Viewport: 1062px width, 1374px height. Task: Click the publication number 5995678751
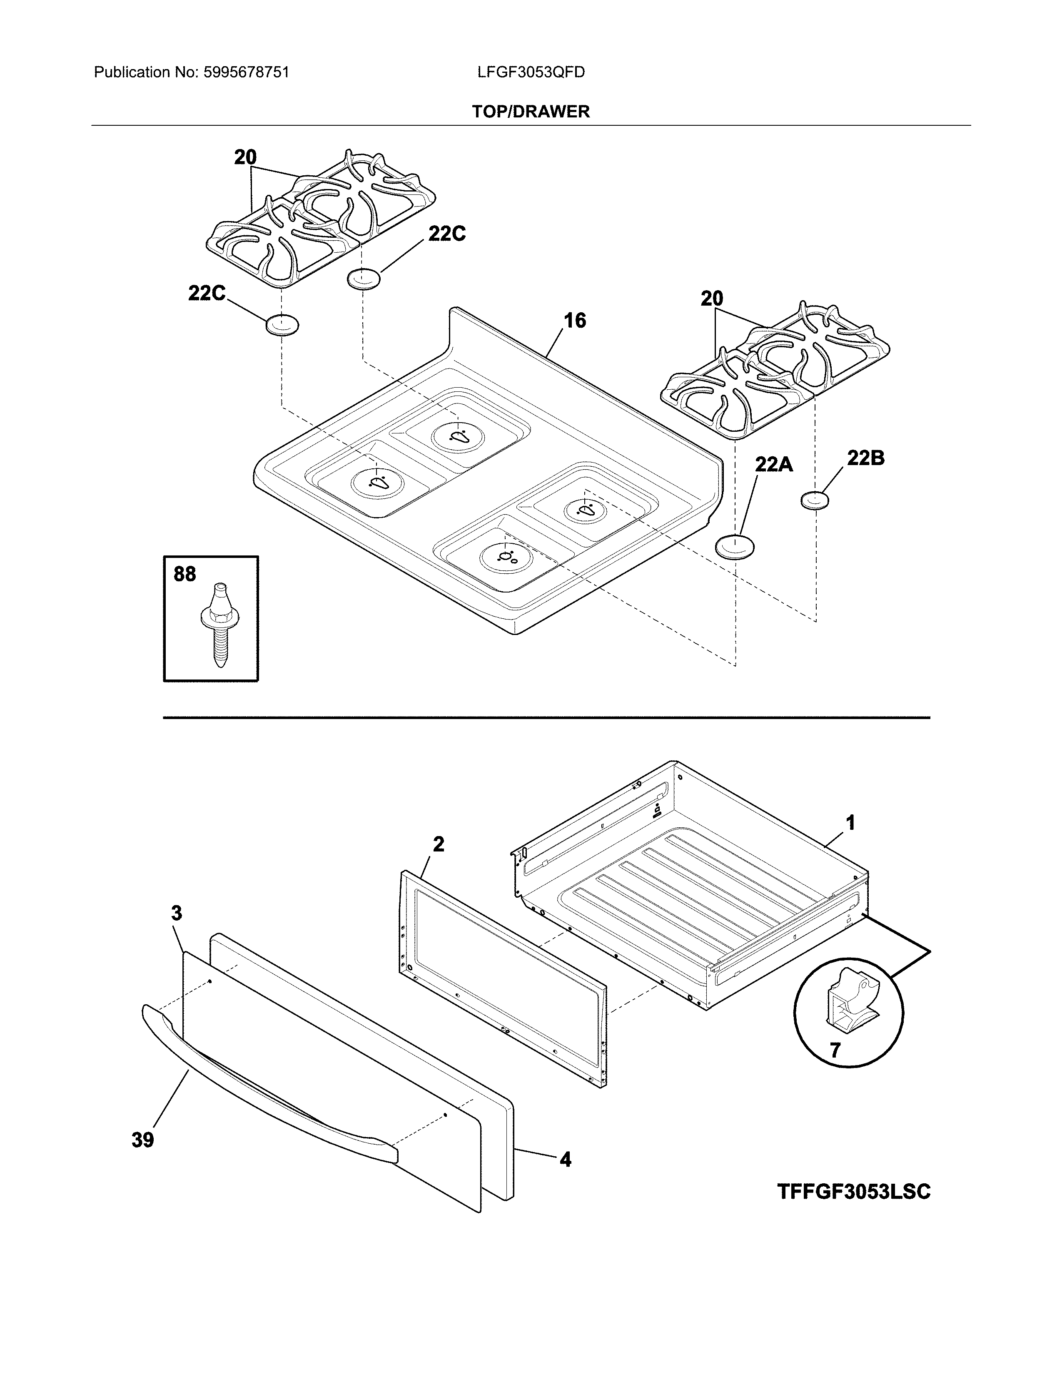[246, 72]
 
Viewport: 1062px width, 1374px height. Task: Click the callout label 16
[574, 321]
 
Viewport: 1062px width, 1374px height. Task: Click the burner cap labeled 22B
[815, 501]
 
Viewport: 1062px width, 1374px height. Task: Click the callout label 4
[565, 1159]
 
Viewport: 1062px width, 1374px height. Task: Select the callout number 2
[439, 844]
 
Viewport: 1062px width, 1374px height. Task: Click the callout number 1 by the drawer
[850, 822]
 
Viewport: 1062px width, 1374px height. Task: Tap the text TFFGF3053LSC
[854, 1192]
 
